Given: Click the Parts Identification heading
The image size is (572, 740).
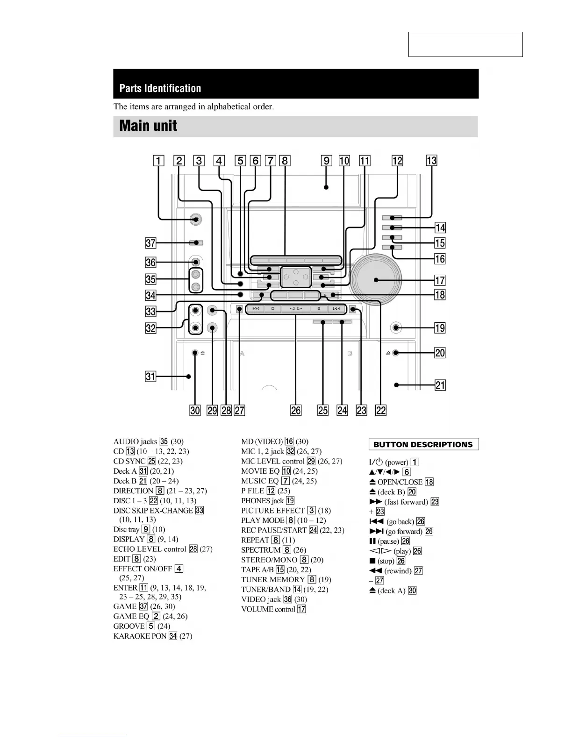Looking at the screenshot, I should click(x=160, y=88).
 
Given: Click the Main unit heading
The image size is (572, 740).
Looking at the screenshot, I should click(x=148, y=126).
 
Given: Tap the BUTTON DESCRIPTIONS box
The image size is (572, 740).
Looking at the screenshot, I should click(x=423, y=444).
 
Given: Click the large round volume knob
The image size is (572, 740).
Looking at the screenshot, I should click(x=377, y=280).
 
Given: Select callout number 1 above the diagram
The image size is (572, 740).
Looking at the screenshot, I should click(x=159, y=161).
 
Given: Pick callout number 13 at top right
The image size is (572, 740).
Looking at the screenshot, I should click(x=431, y=161).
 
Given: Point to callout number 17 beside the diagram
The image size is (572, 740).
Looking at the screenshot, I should click(x=440, y=280).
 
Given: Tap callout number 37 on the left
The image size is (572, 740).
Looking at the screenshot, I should click(x=150, y=243).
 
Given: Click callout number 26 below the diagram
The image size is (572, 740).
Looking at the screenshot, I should click(x=296, y=410).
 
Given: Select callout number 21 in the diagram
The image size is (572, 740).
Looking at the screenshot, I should click(x=440, y=385).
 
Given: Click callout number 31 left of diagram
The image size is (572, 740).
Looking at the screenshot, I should click(x=150, y=376).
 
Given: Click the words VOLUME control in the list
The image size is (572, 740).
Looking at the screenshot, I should click(x=268, y=609).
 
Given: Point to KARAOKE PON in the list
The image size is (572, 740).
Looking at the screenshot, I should click(x=140, y=636).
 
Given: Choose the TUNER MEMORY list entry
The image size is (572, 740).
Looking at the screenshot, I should click(x=273, y=580).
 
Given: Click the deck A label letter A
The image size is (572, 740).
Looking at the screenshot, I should click(x=242, y=354).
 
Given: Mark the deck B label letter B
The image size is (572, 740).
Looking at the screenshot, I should click(x=350, y=354).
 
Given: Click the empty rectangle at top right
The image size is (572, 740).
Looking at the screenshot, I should click(x=465, y=44).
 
